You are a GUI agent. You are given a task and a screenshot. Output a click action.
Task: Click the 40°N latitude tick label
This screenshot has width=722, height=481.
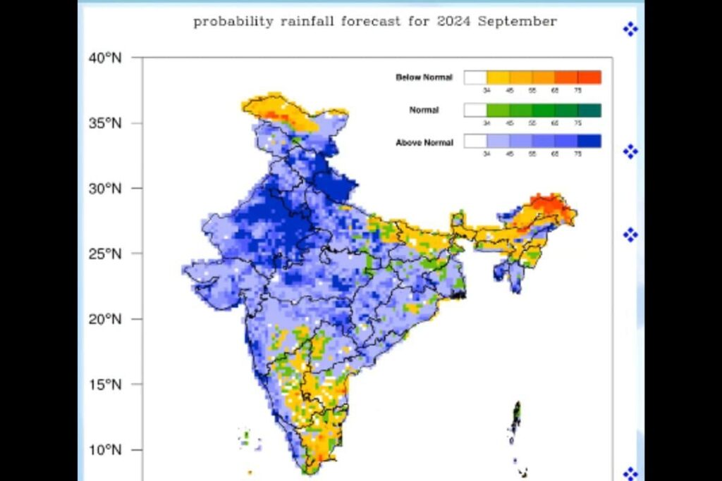click(x=105, y=58)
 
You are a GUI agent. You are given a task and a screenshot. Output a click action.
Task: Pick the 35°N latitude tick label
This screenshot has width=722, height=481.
click(x=105, y=123)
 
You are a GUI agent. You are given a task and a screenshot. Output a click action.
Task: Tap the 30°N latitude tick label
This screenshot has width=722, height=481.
click(x=105, y=188)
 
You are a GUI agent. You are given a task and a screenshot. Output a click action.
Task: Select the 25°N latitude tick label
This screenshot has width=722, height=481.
click(x=105, y=254)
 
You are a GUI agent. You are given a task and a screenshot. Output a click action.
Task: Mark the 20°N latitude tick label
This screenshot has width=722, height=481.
click(x=105, y=319)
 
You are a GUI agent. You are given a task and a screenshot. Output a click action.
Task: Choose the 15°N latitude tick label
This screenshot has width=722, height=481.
click(x=105, y=385)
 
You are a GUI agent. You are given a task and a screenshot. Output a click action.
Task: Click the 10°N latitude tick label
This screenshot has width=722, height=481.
click(x=105, y=449)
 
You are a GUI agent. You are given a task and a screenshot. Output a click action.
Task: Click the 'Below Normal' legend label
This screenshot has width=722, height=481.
click(x=424, y=77)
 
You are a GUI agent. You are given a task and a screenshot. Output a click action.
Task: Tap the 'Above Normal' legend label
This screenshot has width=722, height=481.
click(x=424, y=143)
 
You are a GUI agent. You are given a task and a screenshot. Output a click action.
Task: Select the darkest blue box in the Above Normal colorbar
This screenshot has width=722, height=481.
click(x=589, y=142)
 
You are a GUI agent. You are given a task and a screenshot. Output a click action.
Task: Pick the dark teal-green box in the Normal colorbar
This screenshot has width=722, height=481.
click(x=589, y=110)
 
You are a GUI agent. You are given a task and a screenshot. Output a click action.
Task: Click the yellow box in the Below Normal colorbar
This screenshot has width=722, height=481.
click(x=498, y=77)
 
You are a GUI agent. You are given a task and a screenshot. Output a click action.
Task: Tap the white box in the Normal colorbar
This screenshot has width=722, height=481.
click(x=475, y=110)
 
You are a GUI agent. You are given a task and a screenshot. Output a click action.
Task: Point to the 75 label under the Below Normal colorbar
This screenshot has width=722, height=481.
click(x=578, y=90)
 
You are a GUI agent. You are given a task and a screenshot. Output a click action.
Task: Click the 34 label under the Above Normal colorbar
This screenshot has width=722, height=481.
click(x=487, y=154)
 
